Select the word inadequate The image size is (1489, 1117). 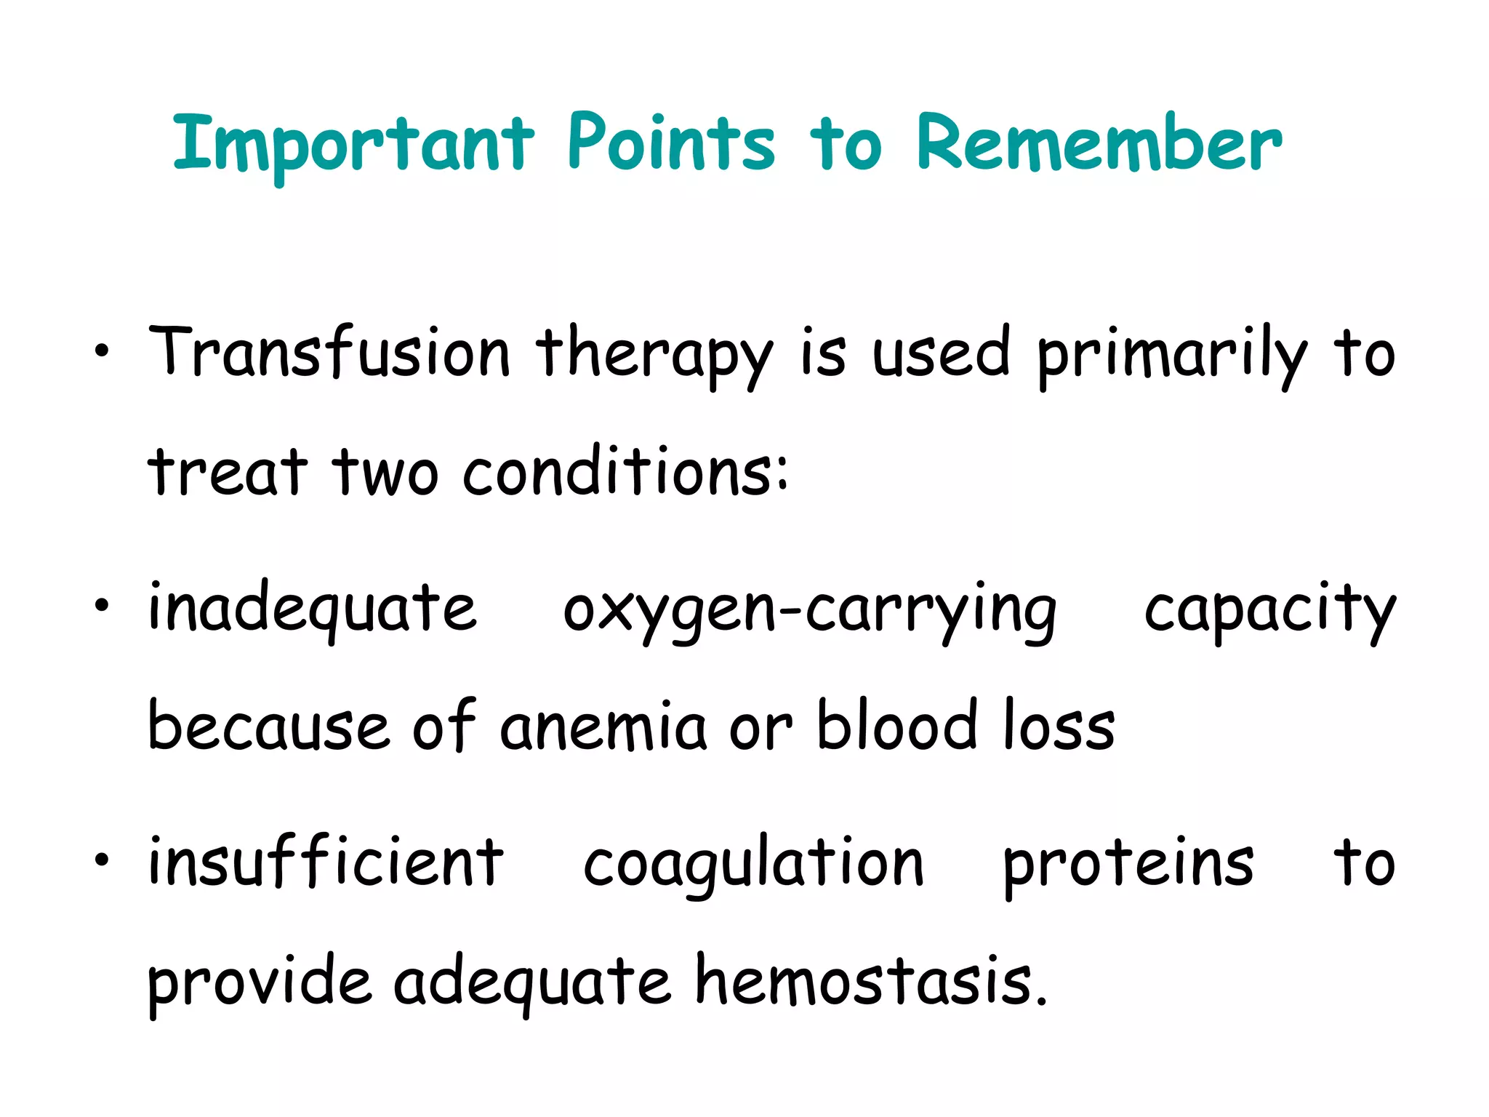[x=313, y=609]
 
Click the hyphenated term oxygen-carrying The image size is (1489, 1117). [x=810, y=611]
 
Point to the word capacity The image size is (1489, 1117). [x=1269, y=611]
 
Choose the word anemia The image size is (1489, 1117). [x=603, y=727]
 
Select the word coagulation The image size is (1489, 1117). [x=753, y=865]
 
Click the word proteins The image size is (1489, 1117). [x=1128, y=865]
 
